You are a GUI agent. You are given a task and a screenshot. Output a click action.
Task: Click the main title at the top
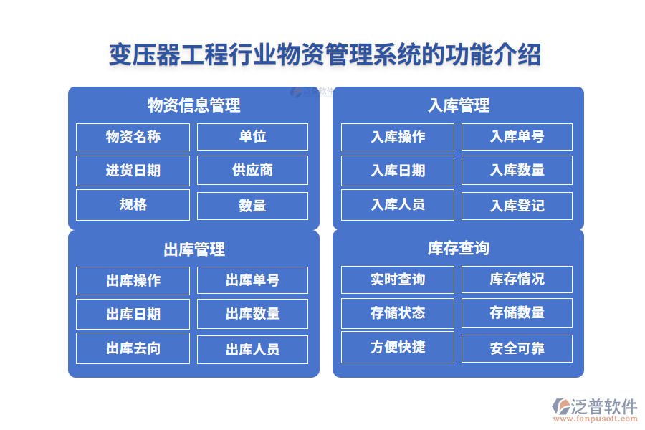click(x=325, y=54)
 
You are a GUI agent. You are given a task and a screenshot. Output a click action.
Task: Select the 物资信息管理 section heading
click(x=193, y=105)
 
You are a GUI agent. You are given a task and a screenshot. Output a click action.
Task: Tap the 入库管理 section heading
click(x=459, y=105)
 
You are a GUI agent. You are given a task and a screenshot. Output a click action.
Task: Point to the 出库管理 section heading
click(x=193, y=249)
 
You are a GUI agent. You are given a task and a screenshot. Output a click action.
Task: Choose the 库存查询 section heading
click(x=459, y=248)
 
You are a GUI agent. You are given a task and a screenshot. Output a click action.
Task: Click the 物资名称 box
click(x=133, y=137)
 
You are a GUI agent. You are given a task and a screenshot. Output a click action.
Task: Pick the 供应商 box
click(x=252, y=171)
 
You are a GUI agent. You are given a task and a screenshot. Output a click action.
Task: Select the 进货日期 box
click(x=133, y=171)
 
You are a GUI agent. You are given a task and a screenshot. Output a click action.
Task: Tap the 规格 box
click(x=133, y=204)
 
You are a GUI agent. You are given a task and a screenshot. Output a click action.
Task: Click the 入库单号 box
click(x=517, y=137)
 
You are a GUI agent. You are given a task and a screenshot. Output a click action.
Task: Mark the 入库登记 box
click(x=517, y=206)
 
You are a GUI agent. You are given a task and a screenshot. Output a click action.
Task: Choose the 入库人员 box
click(x=398, y=204)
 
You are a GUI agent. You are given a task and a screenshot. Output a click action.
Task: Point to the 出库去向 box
click(x=133, y=348)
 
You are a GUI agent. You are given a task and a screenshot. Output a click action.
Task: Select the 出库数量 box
click(x=252, y=314)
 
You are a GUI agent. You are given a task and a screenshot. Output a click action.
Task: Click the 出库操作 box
click(x=133, y=280)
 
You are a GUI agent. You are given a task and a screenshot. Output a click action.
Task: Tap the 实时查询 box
click(x=398, y=279)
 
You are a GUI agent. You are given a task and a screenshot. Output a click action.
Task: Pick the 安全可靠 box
click(x=517, y=348)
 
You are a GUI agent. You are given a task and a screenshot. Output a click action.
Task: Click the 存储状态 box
click(x=398, y=313)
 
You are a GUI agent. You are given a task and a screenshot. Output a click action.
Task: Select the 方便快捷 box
click(x=398, y=347)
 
